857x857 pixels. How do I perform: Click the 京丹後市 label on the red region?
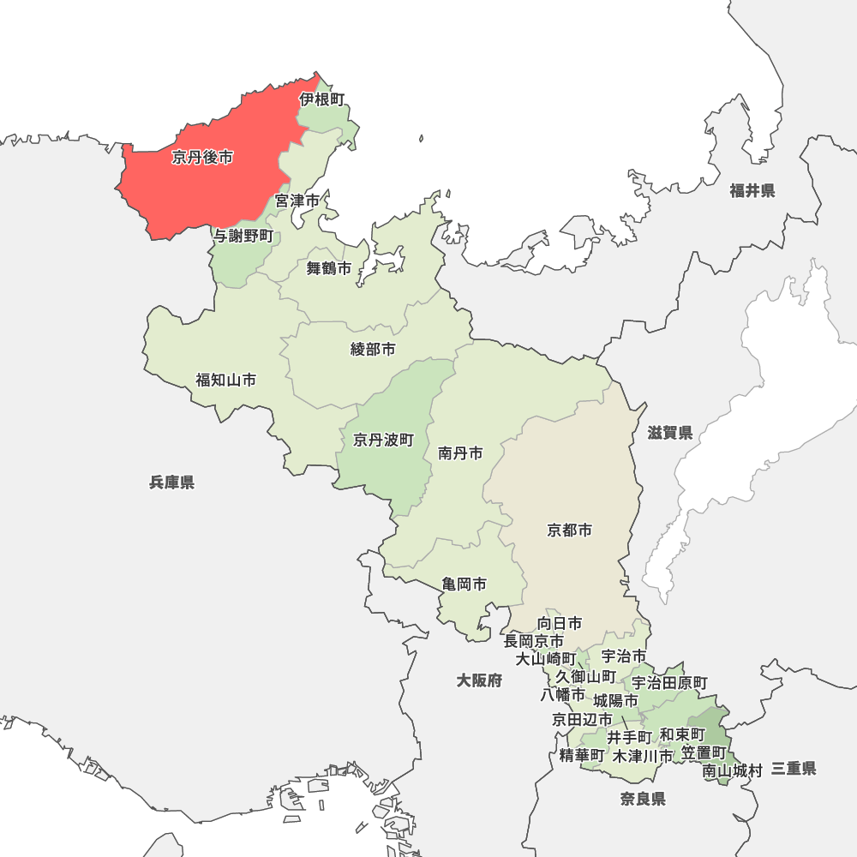[x=202, y=158]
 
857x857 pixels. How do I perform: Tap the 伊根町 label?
[x=322, y=99]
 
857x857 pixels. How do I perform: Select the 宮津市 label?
[x=297, y=201]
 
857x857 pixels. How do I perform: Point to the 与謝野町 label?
[x=243, y=236]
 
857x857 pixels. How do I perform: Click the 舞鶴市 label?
[x=329, y=269]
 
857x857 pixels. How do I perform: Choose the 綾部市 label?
[x=374, y=350]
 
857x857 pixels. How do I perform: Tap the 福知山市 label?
[x=225, y=380]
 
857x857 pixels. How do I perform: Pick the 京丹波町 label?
[x=383, y=440]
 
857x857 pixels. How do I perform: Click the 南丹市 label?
[x=460, y=453]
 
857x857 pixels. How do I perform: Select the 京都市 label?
[x=570, y=530]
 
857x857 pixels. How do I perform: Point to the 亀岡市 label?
[x=464, y=584]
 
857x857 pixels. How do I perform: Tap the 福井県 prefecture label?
[x=752, y=191]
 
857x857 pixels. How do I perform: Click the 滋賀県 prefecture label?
[x=670, y=434]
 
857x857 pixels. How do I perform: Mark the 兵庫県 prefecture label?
[x=171, y=482]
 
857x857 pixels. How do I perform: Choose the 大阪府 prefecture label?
[x=479, y=680]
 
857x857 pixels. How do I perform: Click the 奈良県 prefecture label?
[x=644, y=800]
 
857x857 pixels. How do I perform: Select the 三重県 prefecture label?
[x=794, y=769]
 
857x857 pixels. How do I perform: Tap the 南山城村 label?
[x=733, y=771]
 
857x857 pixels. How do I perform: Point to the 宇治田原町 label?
[x=670, y=683]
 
